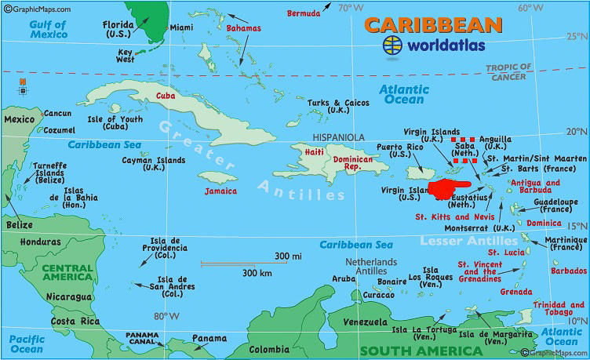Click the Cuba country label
166,96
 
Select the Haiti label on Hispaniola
314,152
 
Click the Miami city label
181,27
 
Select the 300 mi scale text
288,256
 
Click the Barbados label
569,271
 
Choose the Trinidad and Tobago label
566,309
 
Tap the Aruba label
344,279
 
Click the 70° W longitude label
349,8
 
